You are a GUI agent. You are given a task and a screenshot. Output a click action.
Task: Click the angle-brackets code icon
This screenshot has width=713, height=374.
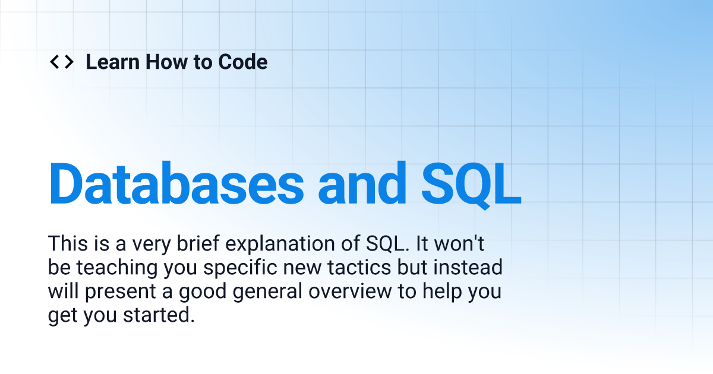click(61, 62)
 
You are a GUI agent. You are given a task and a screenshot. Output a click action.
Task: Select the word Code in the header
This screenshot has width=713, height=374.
click(243, 62)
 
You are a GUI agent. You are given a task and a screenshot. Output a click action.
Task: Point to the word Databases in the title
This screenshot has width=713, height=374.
click(176, 182)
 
